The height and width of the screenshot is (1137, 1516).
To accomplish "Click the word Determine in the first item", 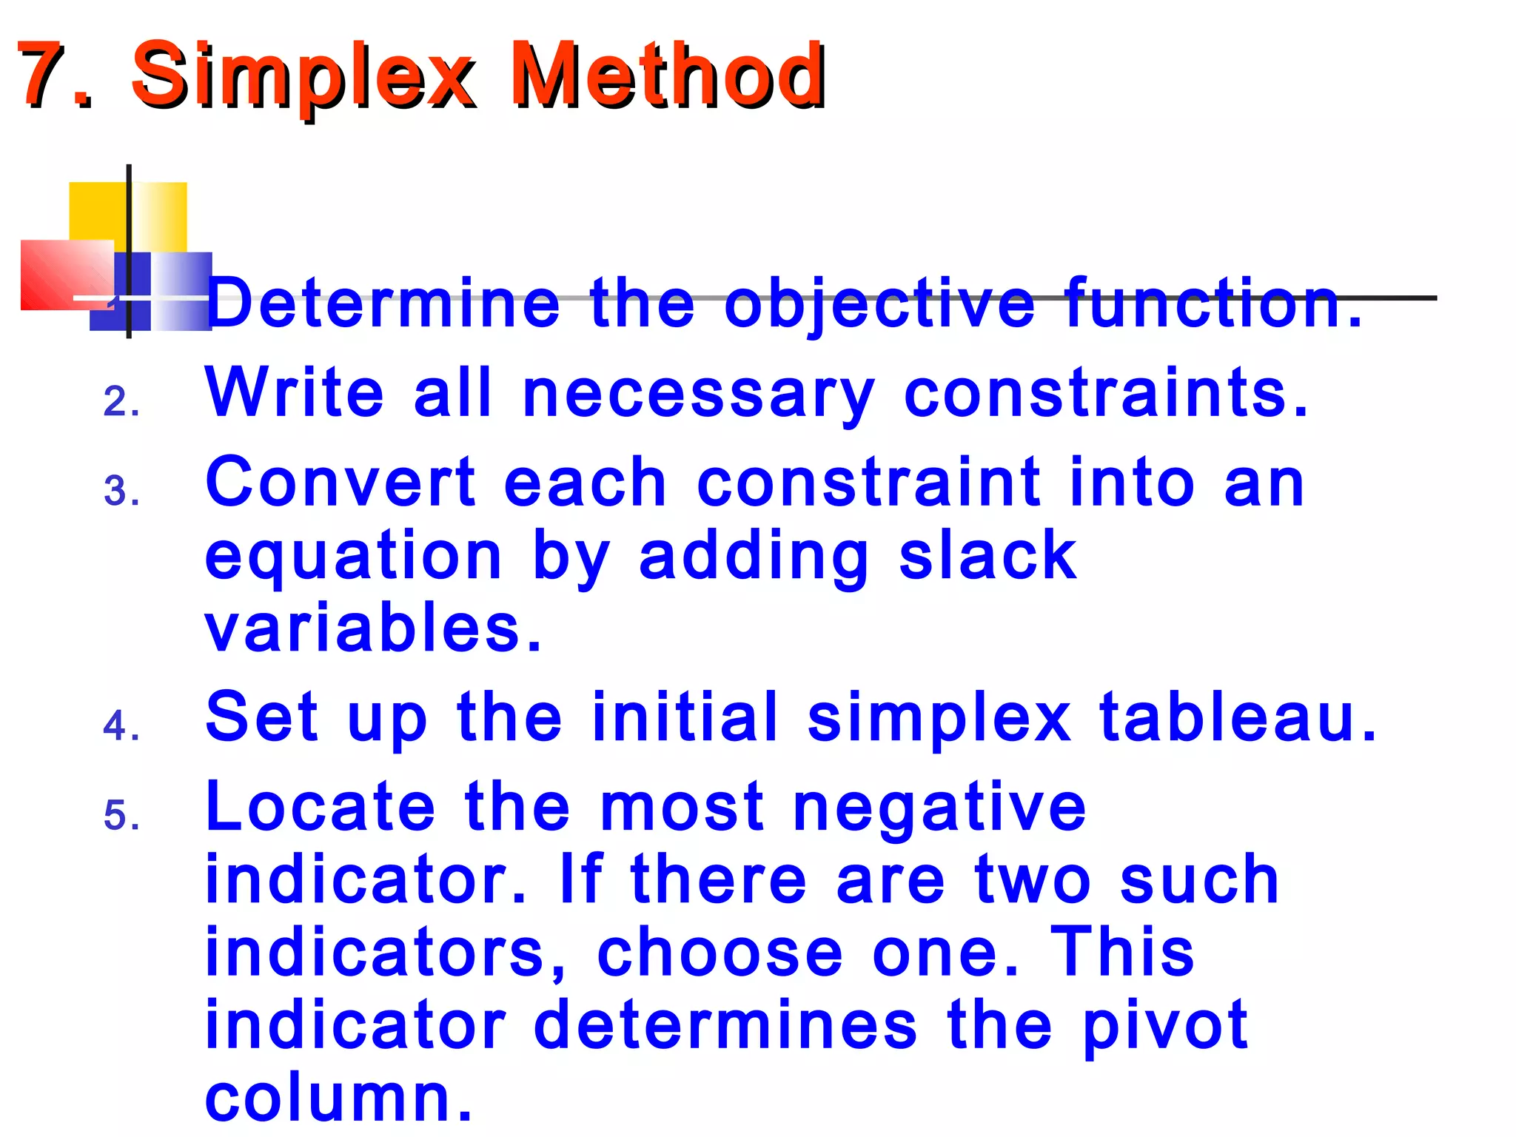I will click(x=383, y=303).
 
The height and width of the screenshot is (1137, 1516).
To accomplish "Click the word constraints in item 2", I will click(x=1106, y=393).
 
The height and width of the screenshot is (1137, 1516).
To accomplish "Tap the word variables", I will click(x=373, y=628).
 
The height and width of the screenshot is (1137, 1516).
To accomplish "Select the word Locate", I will click(x=320, y=806).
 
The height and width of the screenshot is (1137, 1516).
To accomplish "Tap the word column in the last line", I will click(x=338, y=1098).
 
